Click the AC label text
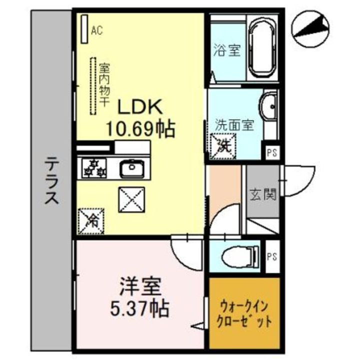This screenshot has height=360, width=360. click(x=96, y=30)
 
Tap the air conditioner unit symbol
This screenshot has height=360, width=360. click(x=84, y=29)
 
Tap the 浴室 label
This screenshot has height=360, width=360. click(x=227, y=51)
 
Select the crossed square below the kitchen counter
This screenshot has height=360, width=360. click(x=131, y=199)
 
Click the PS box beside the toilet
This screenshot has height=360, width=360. click(x=272, y=256)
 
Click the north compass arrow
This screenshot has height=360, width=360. click(x=310, y=28)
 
